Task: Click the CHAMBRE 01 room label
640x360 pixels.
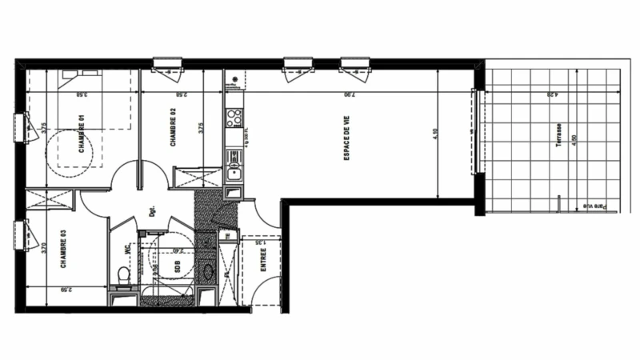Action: (82, 133)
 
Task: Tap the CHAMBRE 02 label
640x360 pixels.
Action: (173, 133)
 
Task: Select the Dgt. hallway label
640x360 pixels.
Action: (150, 213)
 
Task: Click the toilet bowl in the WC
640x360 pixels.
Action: (123, 274)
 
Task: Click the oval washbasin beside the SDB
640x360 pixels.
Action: (210, 270)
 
